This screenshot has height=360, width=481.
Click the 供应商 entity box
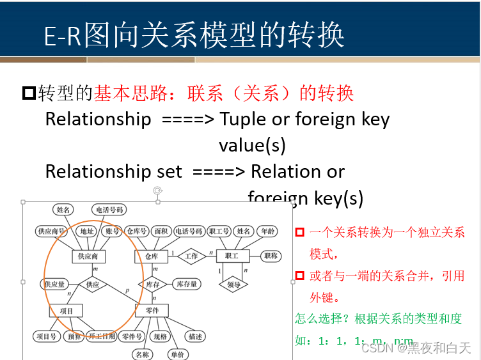click(x=88, y=256)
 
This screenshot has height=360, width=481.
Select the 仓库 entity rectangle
click(x=151, y=256)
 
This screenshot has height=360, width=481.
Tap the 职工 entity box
click(x=228, y=256)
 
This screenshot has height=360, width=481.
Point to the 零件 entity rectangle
click(x=152, y=311)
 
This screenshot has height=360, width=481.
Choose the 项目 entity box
click(x=67, y=311)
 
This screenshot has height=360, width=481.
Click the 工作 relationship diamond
click(x=191, y=256)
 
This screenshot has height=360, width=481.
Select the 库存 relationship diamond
click(x=152, y=284)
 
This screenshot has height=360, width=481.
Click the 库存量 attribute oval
click(x=187, y=284)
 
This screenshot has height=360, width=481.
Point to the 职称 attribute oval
click(x=271, y=256)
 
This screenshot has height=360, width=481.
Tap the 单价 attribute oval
click(x=177, y=354)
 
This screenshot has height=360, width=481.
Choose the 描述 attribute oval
click(x=195, y=336)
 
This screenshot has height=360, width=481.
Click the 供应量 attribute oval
click(x=55, y=284)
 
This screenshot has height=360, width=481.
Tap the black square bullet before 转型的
click(x=29, y=93)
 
